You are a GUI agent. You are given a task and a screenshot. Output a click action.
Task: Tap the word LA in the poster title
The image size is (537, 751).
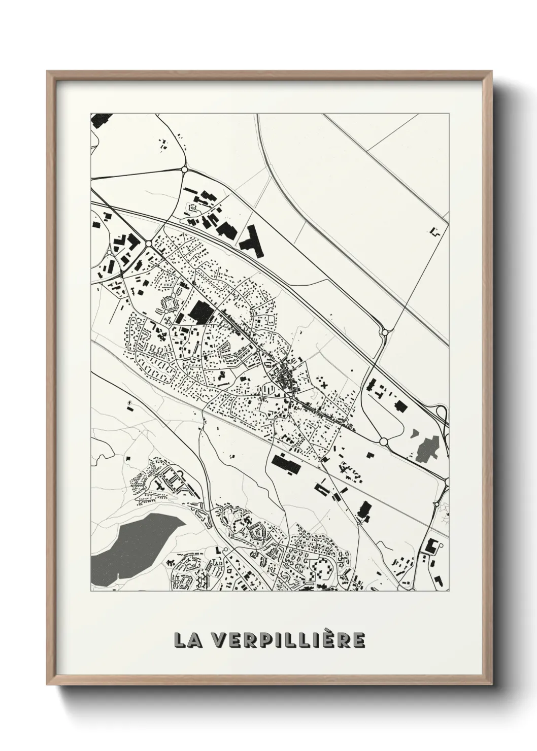[188, 640]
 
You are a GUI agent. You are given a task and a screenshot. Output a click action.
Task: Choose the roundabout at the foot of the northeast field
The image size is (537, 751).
[384, 332]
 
